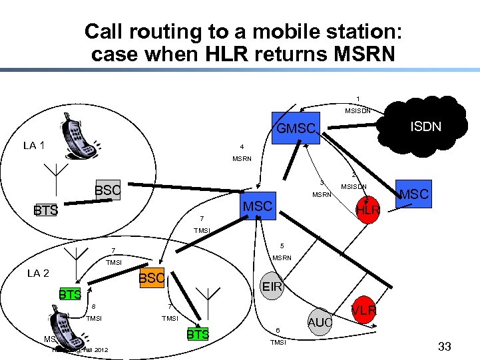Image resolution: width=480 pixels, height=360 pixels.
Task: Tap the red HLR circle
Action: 367,210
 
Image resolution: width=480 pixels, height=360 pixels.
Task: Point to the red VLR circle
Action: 364,310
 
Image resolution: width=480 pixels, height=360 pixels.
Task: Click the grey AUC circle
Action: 320,323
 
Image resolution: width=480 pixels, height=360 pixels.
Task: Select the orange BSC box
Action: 151,278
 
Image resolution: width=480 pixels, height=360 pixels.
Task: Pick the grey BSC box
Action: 107,190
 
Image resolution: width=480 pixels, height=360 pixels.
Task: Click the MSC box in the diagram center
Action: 258,206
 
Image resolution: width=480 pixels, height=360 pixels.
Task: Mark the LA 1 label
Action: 34,145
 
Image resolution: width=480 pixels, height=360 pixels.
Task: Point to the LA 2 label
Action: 38,273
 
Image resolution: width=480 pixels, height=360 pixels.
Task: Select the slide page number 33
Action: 445,346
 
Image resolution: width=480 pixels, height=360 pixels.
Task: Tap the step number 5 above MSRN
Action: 282,246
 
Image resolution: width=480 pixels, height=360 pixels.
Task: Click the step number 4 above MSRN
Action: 242,147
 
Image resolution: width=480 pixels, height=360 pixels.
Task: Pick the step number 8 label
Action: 94,307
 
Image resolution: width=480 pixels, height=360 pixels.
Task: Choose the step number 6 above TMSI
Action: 278,330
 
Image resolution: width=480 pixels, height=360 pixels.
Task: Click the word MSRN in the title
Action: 360,54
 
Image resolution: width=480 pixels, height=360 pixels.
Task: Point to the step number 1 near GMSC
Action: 358,99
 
